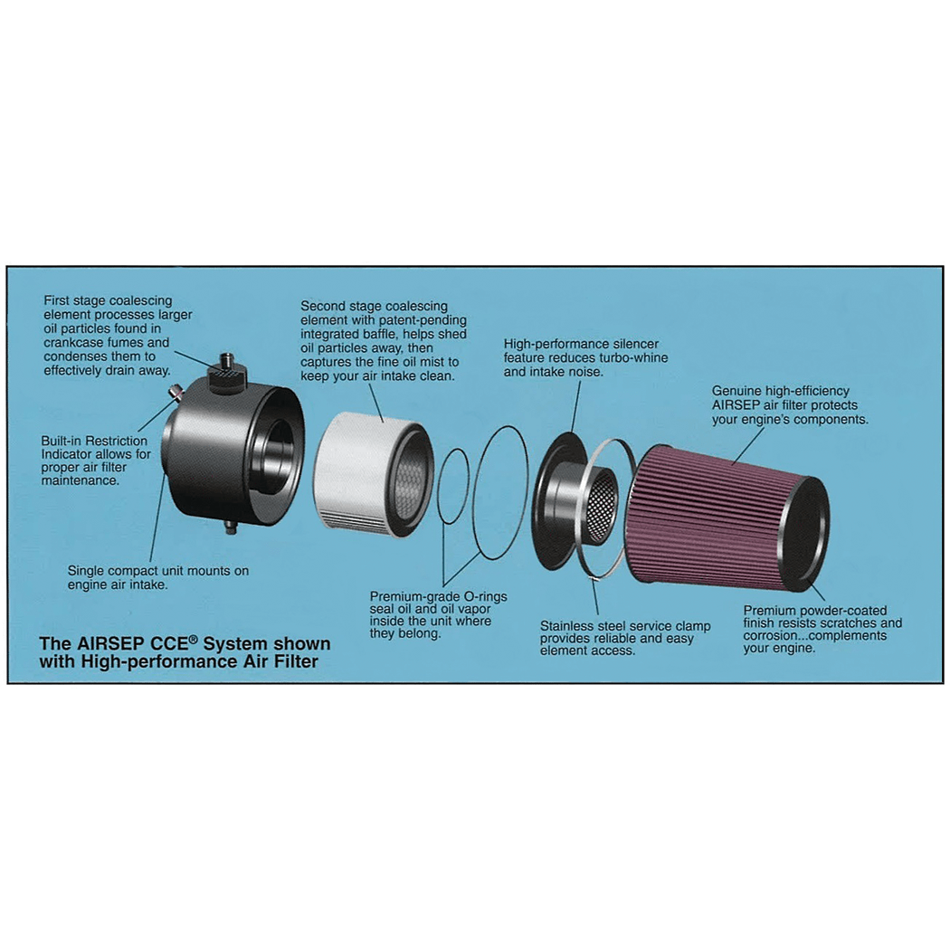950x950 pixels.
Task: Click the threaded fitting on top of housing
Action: point(228,367)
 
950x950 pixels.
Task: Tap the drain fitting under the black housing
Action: point(230,526)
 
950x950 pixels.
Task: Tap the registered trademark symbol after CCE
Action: point(194,639)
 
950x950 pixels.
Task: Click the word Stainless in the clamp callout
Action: point(565,626)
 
